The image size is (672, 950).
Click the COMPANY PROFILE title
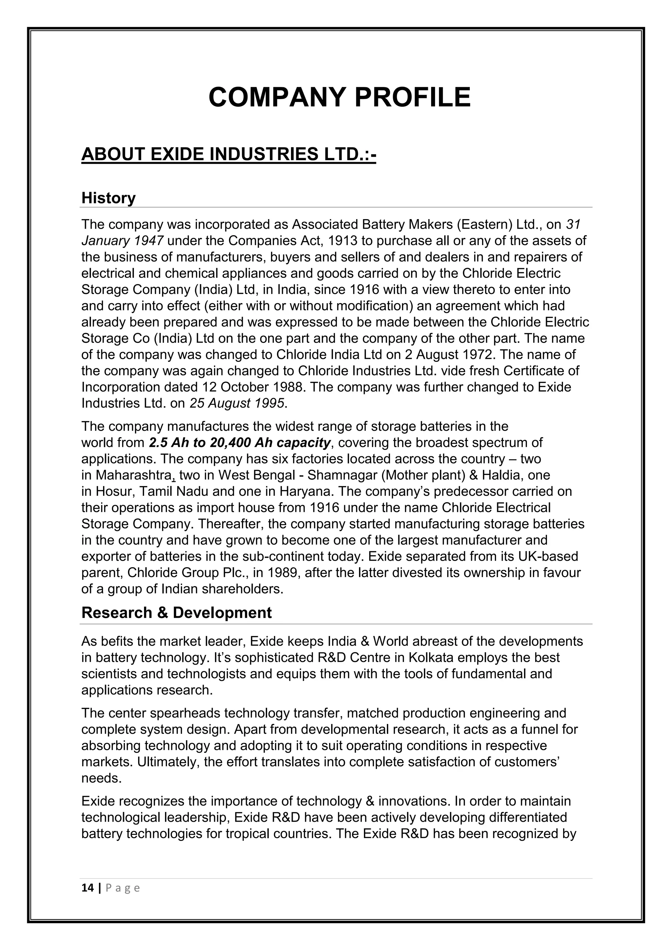339,98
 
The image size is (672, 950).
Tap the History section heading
108,198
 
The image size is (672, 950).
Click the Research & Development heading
176,613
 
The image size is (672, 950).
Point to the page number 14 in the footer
87,888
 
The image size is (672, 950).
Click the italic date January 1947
122,240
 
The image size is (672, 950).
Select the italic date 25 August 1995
237,403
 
